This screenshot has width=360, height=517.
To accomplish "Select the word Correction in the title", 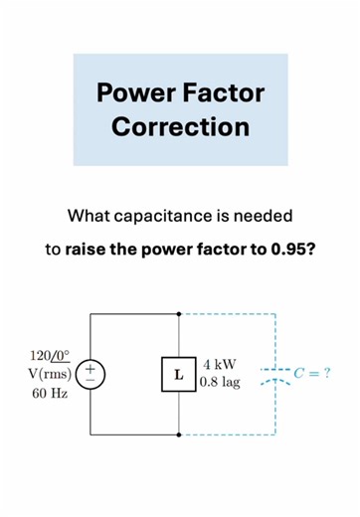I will [180, 126].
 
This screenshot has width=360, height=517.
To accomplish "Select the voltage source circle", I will [90, 375].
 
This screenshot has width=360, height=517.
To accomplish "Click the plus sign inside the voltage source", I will [90, 367].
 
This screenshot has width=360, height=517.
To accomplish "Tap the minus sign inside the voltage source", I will [90, 383].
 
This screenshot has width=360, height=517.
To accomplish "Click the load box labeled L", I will [179, 375].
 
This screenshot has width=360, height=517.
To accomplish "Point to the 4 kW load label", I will [219, 364].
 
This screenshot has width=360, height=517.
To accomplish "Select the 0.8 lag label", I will [220, 383].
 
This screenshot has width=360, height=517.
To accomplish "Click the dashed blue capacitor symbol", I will [273, 375].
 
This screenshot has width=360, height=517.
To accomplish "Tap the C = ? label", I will [312, 374].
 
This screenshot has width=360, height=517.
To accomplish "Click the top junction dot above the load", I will [179, 315].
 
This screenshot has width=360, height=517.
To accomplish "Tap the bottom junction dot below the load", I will [179, 434].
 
